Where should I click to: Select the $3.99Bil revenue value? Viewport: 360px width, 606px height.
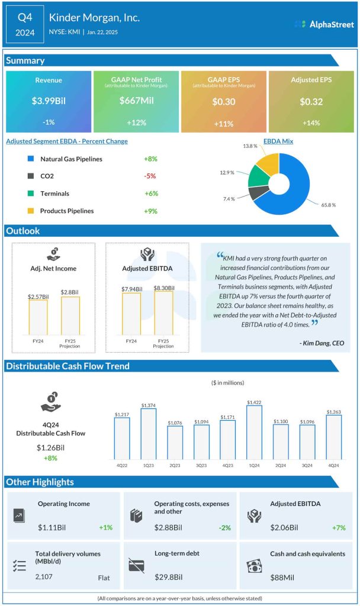tap(49, 101)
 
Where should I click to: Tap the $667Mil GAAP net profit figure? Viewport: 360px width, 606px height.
tap(136, 101)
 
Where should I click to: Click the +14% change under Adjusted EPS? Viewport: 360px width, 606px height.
tap(311, 123)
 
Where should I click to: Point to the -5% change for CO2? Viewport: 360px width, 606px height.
tap(150, 176)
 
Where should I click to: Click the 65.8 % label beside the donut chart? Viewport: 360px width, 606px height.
tap(329, 205)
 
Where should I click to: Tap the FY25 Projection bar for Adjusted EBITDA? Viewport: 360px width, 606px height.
tap(164, 313)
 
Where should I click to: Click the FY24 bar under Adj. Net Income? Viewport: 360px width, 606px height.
tap(38, 317)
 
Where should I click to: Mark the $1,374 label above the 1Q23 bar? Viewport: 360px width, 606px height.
tap(149, 405)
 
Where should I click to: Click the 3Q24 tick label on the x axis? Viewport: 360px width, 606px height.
tap(307, 465)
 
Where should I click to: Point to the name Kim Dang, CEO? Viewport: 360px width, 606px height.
tap(322, 343)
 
